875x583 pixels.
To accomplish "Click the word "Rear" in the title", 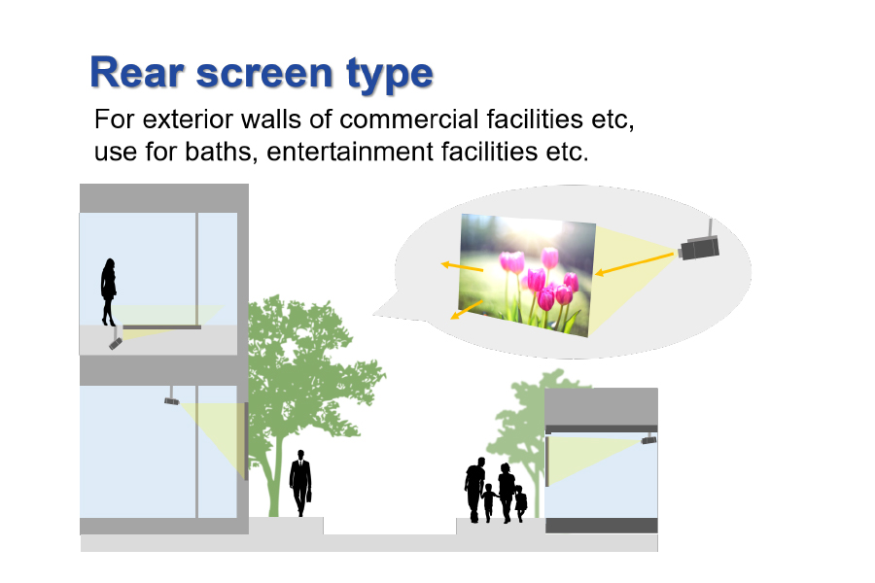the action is tap(137, 73).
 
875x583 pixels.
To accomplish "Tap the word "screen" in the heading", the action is tap(265, 74).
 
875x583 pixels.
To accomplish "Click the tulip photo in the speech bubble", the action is tap(527, 275).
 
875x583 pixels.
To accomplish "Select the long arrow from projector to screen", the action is tap(635, 264).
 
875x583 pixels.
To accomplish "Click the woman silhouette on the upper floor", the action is tap(108, 291).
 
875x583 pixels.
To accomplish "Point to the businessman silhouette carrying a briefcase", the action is tap(300, 483).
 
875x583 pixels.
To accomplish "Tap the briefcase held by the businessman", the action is tap(308, 495).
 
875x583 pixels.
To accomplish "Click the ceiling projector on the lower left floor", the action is tap(172, 400).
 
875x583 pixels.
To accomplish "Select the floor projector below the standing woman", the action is tap(116, 343).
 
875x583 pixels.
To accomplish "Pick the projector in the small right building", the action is tap(648, 439).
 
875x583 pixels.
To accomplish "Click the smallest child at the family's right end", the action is tap(520, 503).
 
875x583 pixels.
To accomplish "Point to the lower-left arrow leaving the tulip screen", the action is tap(467, 310).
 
